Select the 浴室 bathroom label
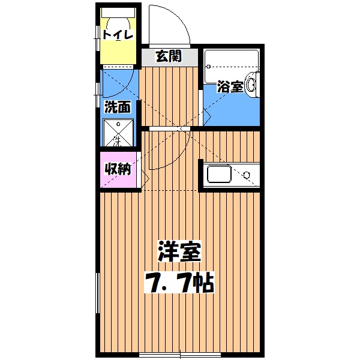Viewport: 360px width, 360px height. pos(230,87)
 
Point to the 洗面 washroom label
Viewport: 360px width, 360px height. pos(118,107)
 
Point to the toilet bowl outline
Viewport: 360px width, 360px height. pos(118,20)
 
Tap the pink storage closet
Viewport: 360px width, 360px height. pos(119,171)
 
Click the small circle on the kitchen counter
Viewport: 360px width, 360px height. pos(246,176)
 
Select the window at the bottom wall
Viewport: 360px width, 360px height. pos(180,355)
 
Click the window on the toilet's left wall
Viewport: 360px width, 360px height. pos(98,36)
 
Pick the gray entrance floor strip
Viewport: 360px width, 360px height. pos(169,58)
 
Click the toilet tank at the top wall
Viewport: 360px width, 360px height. pos(118,11)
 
